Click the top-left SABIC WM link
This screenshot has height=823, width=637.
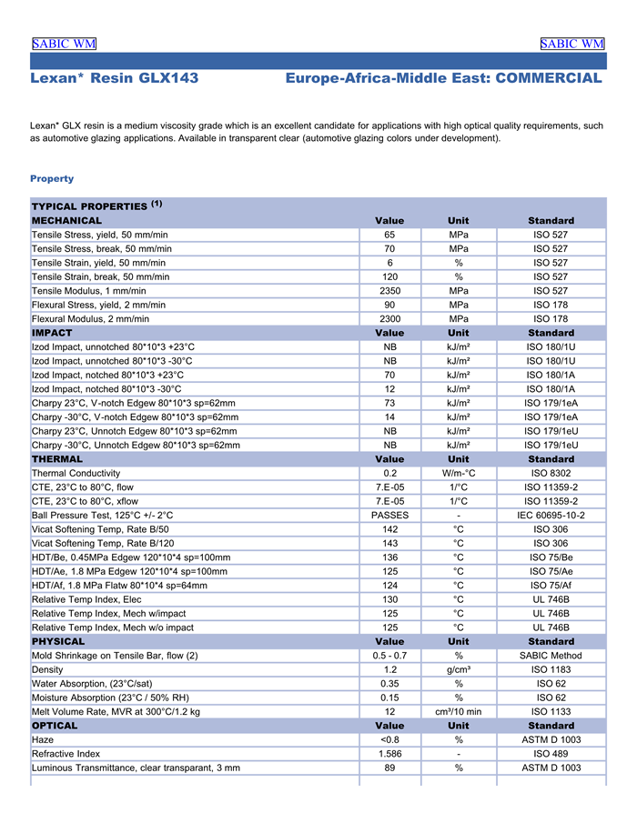64,44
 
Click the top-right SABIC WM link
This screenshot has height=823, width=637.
571,44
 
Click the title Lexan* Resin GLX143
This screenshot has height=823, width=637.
114,79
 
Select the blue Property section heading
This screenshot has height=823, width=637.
52,178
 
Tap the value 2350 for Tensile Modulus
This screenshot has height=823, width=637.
389,291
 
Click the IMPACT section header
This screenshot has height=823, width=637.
52,333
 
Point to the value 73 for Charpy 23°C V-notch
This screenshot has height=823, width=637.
389,403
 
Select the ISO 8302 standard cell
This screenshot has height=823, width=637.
551,473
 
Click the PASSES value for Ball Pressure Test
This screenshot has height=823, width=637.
389,515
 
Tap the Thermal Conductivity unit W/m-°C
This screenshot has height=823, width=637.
459,473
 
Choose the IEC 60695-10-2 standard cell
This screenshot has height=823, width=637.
551,515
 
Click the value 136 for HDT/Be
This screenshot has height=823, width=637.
389,557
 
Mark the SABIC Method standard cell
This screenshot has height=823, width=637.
551,656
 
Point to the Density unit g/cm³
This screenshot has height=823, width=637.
459,669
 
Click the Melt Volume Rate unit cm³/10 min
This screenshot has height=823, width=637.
459,712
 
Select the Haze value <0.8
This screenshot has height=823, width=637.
389,740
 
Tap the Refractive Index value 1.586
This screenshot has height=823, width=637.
389,754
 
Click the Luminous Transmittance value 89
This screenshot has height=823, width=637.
389,768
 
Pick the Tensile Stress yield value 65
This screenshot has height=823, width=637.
389,235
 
